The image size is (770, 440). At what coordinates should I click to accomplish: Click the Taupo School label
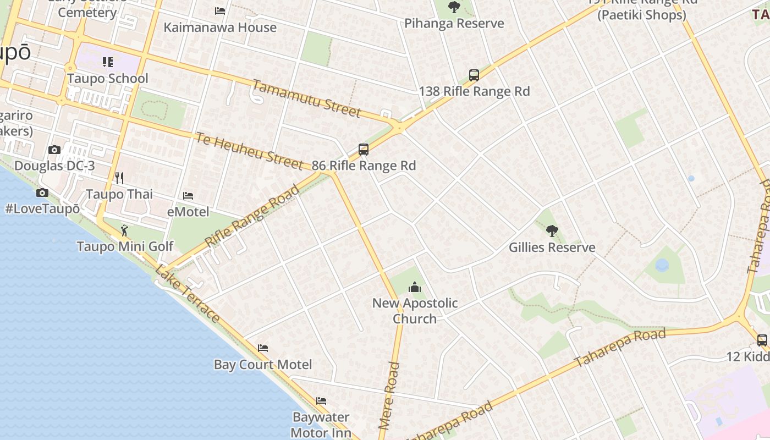point(108,78)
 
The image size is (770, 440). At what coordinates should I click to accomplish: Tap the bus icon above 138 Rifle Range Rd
point(474,75)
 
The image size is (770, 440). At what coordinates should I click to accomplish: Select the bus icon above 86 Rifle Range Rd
point(363,149)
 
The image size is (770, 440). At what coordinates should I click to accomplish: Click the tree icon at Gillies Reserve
point(552,231)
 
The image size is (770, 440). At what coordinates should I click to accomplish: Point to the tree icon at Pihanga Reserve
point(454,7)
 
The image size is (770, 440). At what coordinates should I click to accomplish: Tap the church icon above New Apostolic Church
point(415,287)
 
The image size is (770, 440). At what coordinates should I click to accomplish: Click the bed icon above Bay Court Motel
point(263,348)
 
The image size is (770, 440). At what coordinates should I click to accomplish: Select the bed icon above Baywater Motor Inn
point(321,401)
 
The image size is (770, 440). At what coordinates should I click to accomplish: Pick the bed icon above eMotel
point(188,195)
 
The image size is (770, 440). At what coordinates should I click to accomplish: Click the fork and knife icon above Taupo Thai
point(119,178)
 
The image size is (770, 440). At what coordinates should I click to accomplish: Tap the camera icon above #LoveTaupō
point(42,193)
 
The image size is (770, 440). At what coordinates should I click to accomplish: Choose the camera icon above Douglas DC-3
point(54,150)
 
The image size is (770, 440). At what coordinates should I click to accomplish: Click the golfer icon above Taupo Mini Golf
point(124,230)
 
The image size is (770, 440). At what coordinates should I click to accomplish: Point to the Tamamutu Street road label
point(306,98)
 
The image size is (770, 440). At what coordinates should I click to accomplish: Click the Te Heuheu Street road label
point(249,150)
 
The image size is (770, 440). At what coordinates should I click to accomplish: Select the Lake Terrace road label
point(188,294)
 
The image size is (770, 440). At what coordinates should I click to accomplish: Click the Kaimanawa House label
point(220,27)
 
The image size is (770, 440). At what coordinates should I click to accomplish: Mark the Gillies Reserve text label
point(552,247)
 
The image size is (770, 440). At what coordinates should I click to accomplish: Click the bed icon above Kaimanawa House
point(220,11)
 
